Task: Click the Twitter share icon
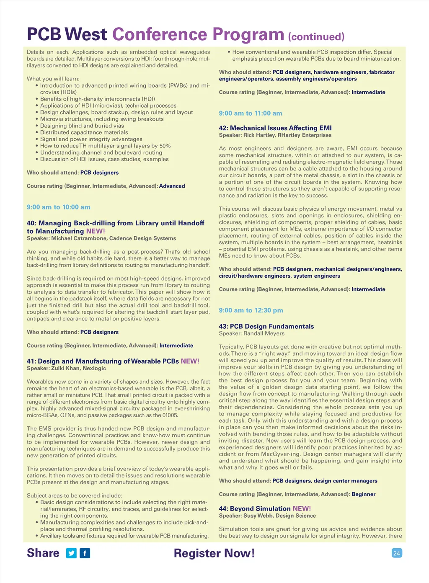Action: click(72, 553)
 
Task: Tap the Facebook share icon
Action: click(85, 553)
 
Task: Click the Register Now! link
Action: click(214, 553)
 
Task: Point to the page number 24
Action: click(397, 553)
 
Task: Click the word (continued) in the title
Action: click(316, 37)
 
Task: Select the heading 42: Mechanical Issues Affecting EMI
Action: click(275, 128)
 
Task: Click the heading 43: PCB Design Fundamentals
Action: click(266, 326)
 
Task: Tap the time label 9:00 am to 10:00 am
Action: click(59, 207)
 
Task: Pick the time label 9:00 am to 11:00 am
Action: click(251, 114)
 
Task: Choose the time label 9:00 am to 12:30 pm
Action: click(251, 310)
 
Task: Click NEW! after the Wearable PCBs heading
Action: click(190, 361)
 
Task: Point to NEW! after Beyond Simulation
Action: click(302, 508)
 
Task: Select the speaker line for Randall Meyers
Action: click(251, 333)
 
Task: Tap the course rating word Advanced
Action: click(172, 186)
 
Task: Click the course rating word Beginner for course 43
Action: click(363, 494)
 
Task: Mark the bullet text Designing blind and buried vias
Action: click(82, 126)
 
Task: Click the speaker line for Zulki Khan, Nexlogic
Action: click(66, 368)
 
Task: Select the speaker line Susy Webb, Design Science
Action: click(267, 516)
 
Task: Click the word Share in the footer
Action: click(43, 553)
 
